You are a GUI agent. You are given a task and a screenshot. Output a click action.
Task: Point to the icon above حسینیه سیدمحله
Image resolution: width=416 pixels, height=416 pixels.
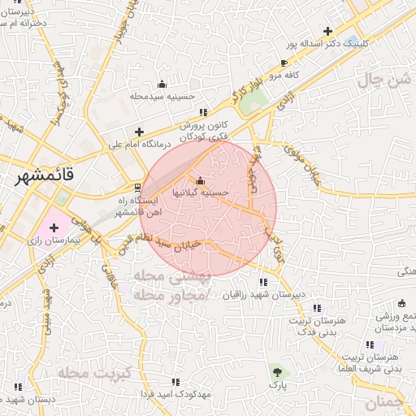pos(162,84)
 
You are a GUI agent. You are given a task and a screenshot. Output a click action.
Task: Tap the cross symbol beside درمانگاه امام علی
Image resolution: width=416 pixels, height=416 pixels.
pos(139,132)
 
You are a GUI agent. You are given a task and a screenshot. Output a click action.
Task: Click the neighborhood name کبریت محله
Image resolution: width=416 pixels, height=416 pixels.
pos(84,372)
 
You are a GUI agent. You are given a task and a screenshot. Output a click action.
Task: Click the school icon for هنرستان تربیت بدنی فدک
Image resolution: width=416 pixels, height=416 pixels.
pos(317,308)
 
